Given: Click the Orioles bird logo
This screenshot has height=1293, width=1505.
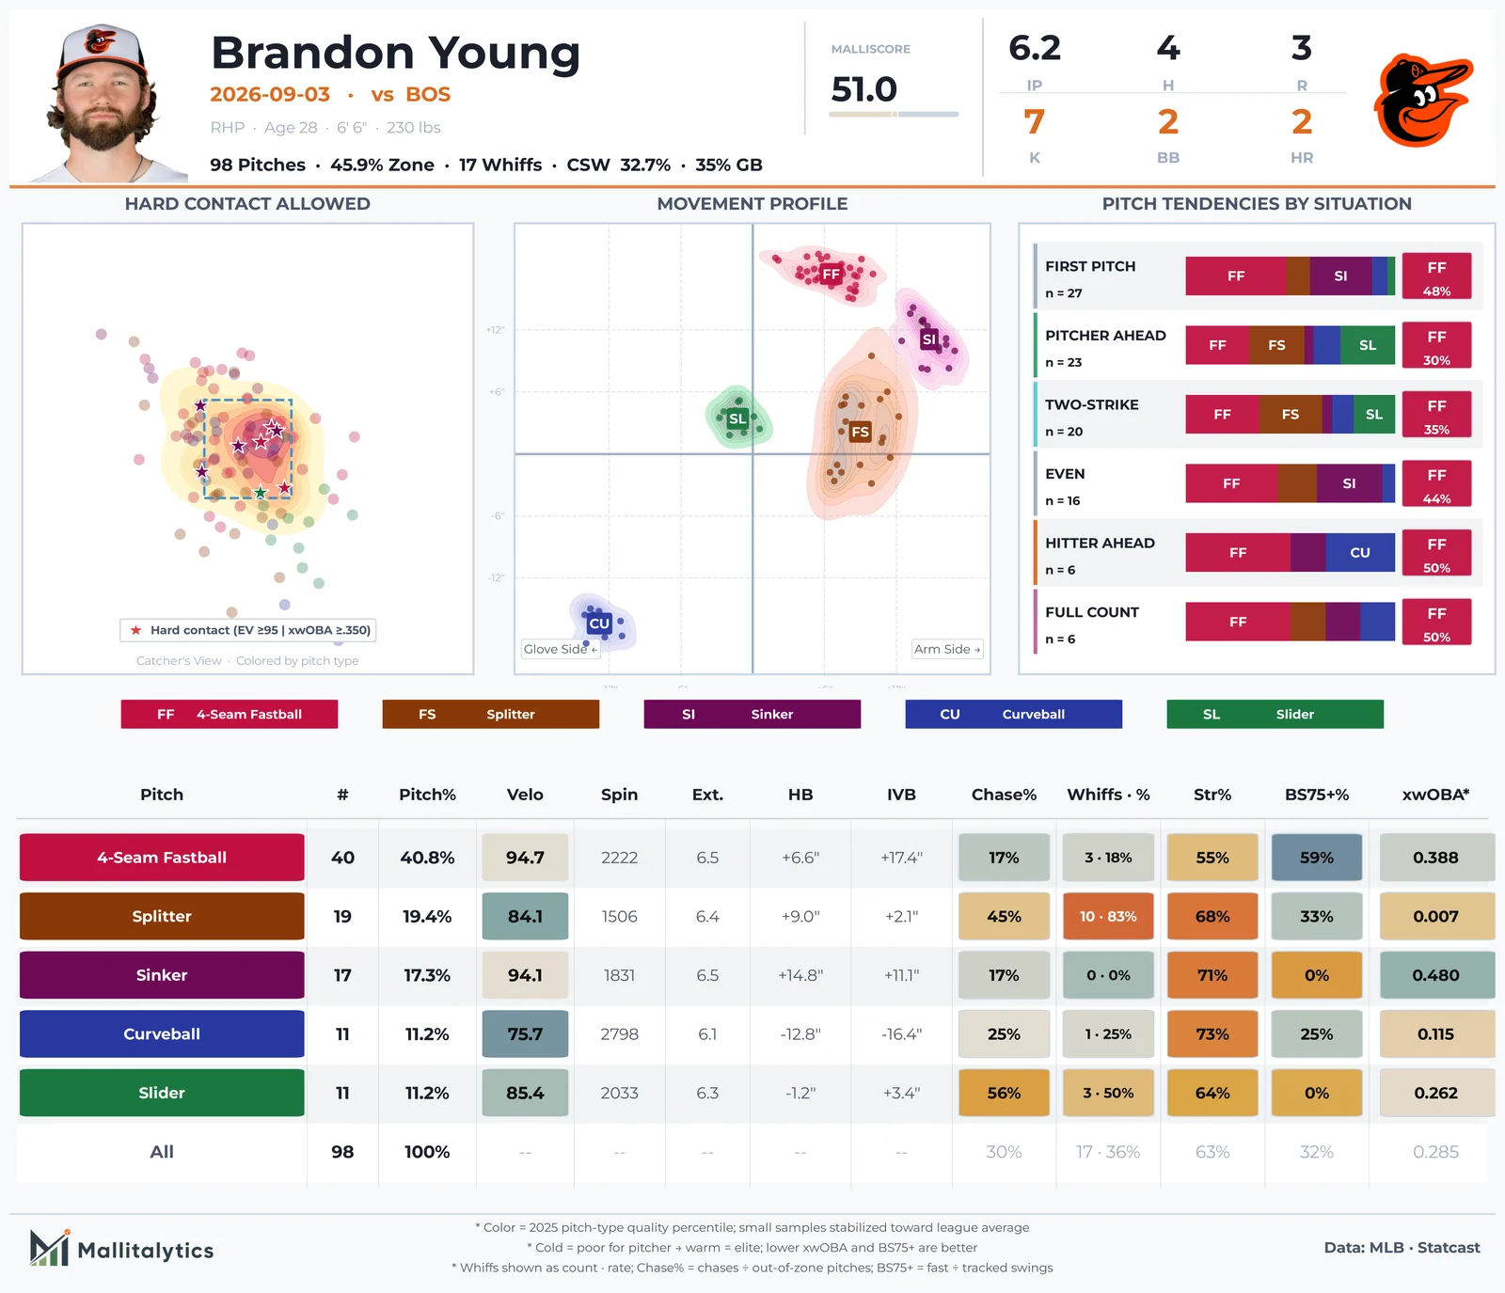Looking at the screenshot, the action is click(x=1422, y=101).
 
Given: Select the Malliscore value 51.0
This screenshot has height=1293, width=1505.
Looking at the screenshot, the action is click(x=863, y=89).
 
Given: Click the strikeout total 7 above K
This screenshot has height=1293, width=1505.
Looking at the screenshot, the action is click(x=1034, y=121).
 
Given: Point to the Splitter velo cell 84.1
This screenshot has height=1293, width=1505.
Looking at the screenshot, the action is click(x=525, y=916).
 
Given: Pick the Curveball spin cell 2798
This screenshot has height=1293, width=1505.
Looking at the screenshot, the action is click(x=619, y=1033).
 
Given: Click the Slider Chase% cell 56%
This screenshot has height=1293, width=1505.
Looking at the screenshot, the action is click(x=1004, y=1093).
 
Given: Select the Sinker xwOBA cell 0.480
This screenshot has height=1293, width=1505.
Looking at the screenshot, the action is click(x=1435, y=975).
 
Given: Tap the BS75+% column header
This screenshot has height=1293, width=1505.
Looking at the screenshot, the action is click(x=1316, y=795).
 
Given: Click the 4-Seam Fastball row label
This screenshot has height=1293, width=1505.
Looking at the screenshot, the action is click(x=162, y=858).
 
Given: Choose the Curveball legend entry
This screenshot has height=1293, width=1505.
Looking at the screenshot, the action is click(x=1013, y=714).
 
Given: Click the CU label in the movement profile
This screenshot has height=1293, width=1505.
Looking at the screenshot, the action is click(x=599, y=623).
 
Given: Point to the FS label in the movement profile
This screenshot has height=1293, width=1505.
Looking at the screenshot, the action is click(x=860, y=432).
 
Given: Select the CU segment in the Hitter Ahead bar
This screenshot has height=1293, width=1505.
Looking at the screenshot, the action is click(x=1360, y=553).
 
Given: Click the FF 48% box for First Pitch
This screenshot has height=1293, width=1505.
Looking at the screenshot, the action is click(x=1436, y=276).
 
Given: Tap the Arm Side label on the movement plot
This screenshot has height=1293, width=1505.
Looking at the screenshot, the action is click(x=947, y=649).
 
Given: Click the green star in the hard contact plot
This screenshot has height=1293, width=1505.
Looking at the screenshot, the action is click(x=261, y=493).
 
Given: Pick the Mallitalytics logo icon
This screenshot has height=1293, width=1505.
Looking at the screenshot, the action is click(x=50, y=1248).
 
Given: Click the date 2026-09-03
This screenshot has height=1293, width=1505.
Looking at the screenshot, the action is click(x=270, y=94).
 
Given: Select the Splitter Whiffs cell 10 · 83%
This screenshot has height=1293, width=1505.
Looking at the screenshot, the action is click(x=1108, y=916).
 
